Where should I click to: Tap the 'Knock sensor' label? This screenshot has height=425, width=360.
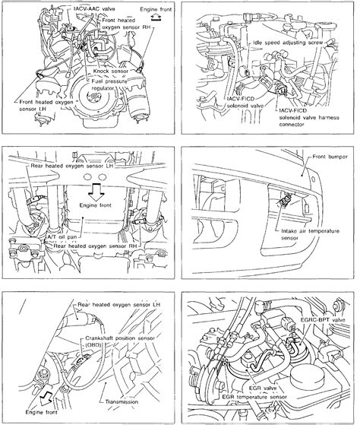pos(112,71)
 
